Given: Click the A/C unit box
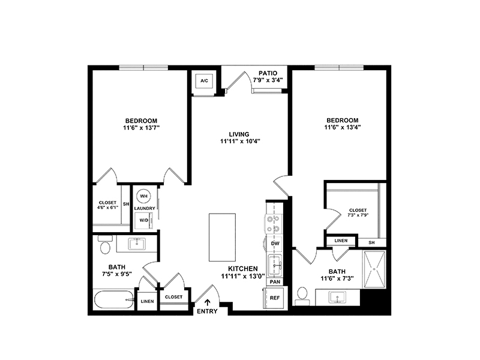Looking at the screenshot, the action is point(204,81).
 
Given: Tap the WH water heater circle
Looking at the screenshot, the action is point(143,196).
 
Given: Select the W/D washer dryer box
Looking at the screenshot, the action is point(144,220).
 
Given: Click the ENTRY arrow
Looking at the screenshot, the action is point(208,302).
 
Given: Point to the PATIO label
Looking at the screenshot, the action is point(268,73).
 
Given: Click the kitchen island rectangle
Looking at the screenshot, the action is point(222,238).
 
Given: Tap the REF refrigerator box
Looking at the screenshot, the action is point(275,298).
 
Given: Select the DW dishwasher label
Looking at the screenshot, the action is point(275,244).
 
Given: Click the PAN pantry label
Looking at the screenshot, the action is point(275,282).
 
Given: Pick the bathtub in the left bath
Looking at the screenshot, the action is point(114,299).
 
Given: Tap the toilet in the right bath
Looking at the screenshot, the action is point(302,295).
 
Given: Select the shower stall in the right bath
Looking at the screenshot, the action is point(374,269).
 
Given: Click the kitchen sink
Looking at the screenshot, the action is point(275,266).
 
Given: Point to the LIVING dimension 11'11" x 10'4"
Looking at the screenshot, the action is point(240,142).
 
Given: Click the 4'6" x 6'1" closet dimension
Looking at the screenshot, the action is point(107,207).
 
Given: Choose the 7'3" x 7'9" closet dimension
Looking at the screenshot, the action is point(358,215).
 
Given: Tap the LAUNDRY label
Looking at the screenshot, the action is point(145,208).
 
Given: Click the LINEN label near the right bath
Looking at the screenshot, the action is point(341,241).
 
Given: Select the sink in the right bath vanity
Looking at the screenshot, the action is point(337,297).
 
